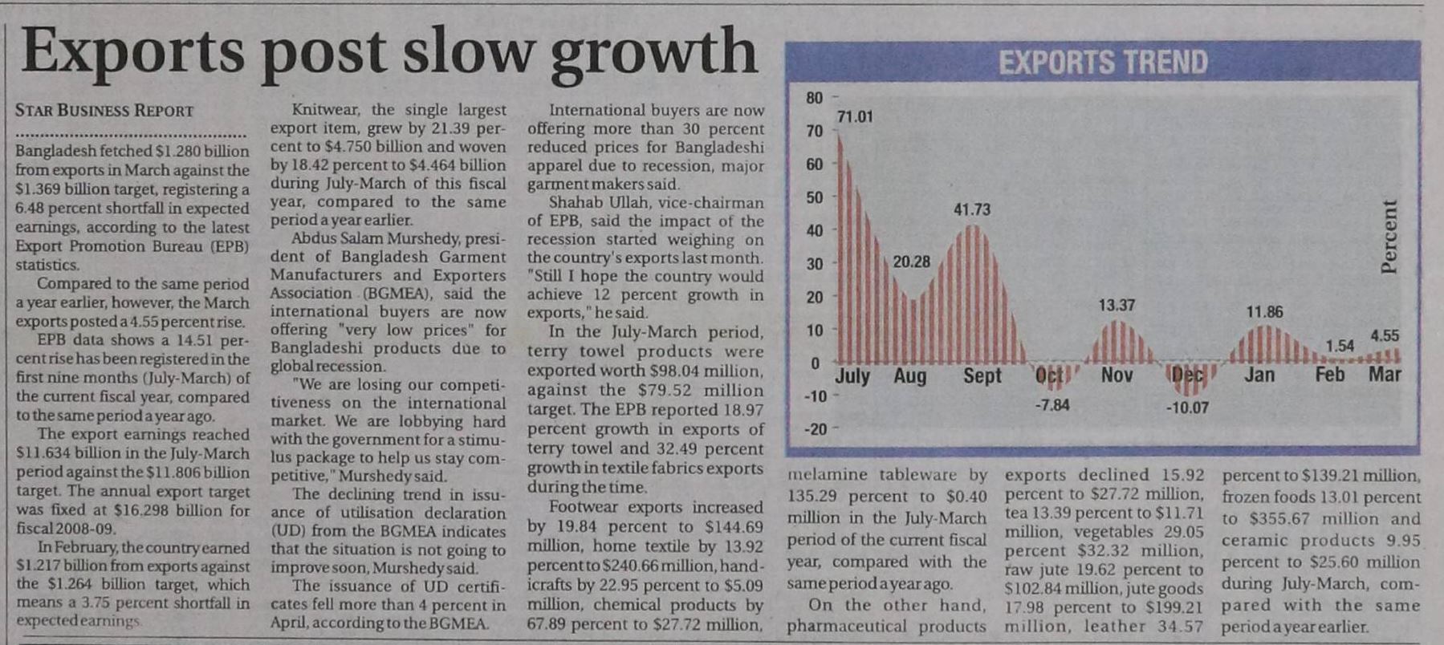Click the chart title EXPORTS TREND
1103,63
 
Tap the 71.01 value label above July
854,117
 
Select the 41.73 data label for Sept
971,209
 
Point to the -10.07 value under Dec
1187,408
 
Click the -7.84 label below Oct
1051,405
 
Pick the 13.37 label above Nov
1117,305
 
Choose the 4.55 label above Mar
1385,336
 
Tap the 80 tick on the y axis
814,98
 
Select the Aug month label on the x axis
909,375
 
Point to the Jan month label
1259,375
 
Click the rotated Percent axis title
1389,236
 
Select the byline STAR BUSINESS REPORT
104,111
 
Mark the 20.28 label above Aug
911,262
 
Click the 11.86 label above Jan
1264,311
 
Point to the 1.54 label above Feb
1340,346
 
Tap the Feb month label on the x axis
1330,375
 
